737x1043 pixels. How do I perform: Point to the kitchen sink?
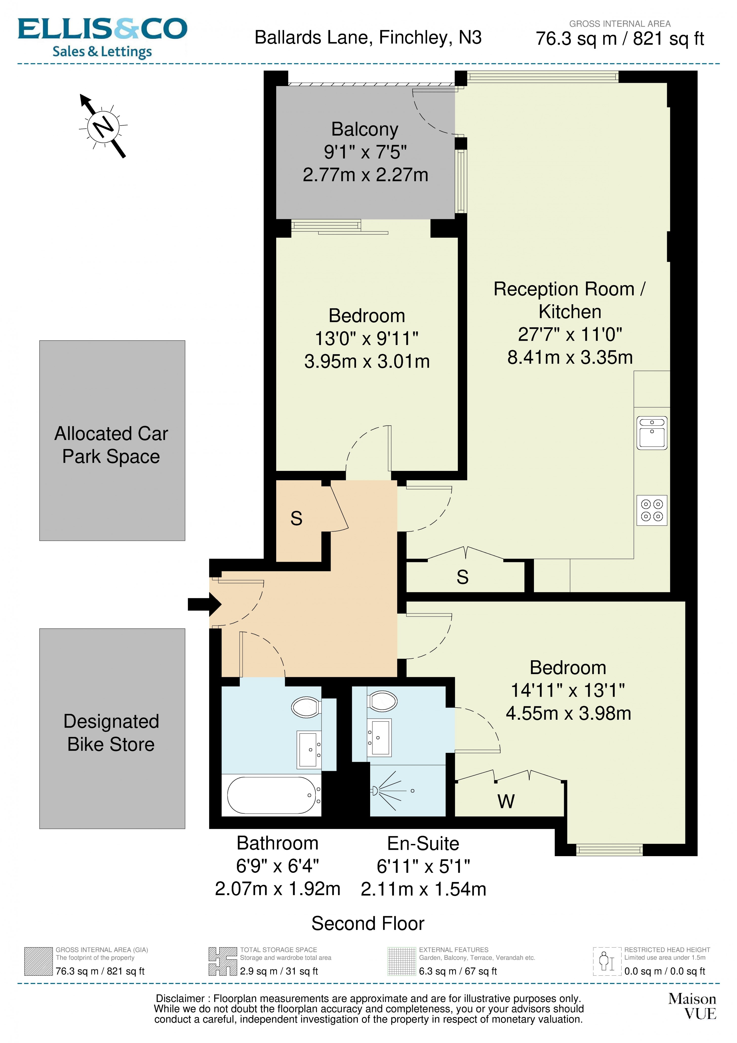652,433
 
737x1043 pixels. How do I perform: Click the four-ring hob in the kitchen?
652,510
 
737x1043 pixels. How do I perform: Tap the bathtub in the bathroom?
271,795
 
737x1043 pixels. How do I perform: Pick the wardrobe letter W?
506,802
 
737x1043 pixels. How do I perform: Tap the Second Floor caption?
368,924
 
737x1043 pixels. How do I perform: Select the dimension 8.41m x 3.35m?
570,357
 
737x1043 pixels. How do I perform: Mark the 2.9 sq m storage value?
278,971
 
